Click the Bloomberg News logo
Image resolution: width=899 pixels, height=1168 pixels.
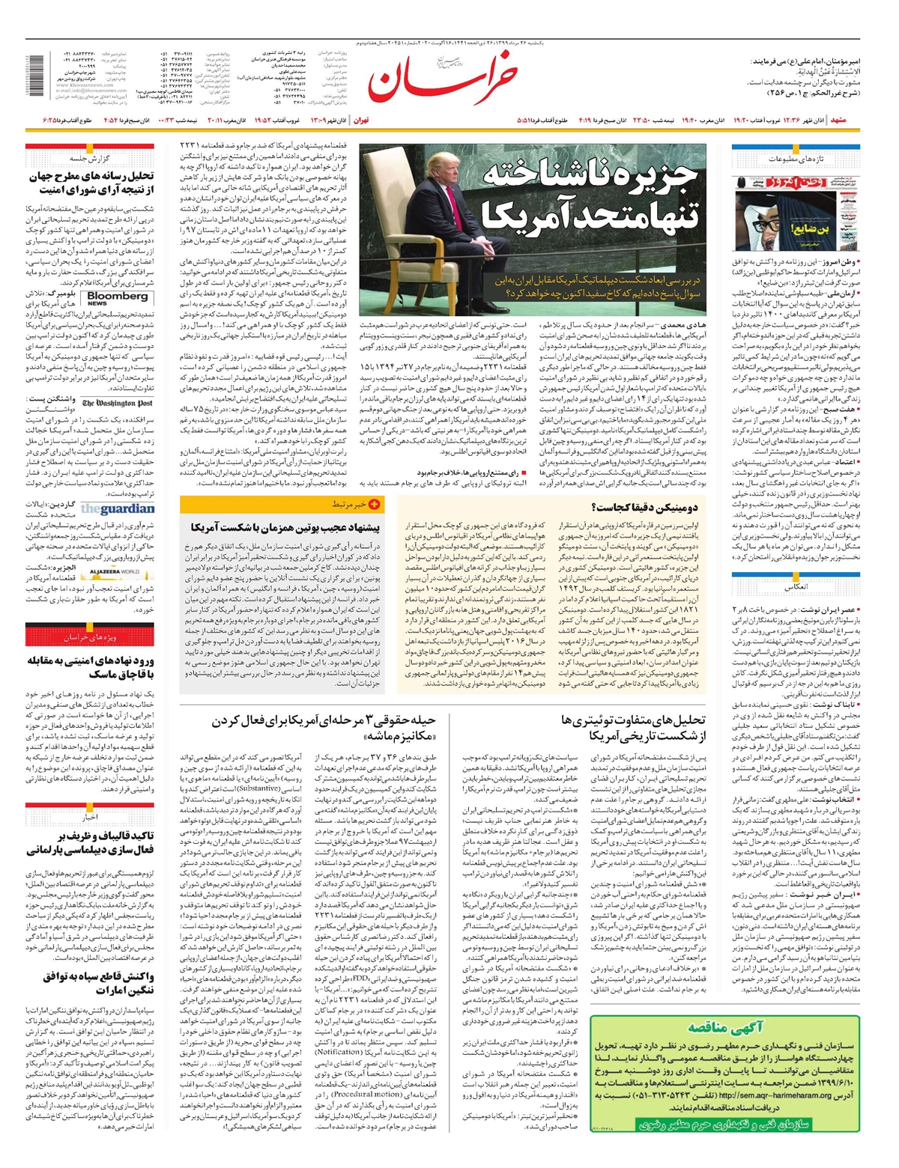point(117,298)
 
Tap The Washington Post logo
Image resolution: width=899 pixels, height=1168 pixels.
point(117,404)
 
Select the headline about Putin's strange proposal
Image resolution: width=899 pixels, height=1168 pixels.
point(285,527)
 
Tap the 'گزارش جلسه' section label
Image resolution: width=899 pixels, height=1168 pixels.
point(90,159)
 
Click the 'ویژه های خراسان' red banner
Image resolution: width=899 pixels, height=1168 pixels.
point(90,636)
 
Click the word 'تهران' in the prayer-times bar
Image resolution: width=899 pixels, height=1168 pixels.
point(360,121)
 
